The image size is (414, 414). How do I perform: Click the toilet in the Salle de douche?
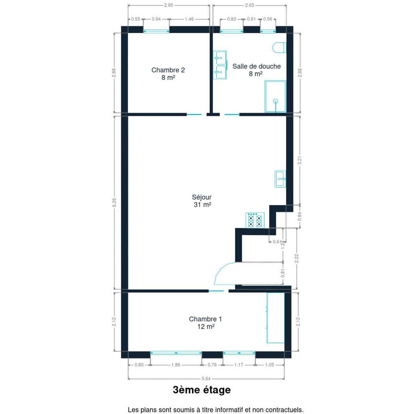tap(279, 48)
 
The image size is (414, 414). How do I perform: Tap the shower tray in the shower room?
tap(275, 96)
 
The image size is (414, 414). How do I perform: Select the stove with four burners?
tap(255, 220)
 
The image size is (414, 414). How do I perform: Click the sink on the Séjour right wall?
tap(280, 179)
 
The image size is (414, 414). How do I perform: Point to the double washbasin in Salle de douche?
tap(220, 65)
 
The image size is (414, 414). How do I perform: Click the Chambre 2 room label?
tap(168, 74)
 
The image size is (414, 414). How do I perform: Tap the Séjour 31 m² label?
tap(202, 201)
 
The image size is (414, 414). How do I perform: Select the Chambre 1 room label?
tap(206, 323)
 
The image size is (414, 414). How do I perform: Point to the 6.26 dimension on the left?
tap(114, 202)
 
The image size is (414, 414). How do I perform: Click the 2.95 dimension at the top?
tap(169, 5)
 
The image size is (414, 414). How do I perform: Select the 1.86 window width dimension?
tap(176, 365)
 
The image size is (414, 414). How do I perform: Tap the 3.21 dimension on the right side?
tap(300, 160)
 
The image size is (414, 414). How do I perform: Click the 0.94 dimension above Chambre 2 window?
tap(156, 19)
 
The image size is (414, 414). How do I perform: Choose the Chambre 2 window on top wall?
tap(156, 31)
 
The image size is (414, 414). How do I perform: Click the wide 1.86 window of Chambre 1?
tap(176, 353)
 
